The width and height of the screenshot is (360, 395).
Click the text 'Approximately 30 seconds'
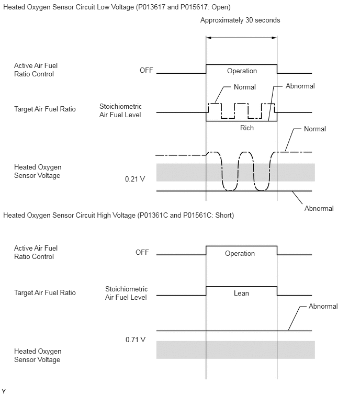point(240,20)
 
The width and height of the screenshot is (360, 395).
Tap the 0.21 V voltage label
point(135,179)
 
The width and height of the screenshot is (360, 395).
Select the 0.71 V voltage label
point(136,340)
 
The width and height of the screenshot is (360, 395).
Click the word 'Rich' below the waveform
point(247,128)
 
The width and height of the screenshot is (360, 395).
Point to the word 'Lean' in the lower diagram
point(241,293)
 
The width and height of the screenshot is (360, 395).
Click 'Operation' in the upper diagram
point(242,71)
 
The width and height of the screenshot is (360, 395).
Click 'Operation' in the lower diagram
point(240,253)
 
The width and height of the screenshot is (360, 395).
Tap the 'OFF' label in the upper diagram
point(147,70)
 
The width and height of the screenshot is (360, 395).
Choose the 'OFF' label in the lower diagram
point(142,252)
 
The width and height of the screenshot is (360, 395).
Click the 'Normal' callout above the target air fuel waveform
point(244,87)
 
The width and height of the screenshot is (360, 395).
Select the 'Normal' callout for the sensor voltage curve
point(315,129)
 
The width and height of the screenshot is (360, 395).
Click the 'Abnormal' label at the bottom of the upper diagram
point(319,209)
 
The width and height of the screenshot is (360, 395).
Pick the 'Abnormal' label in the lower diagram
point(323,307)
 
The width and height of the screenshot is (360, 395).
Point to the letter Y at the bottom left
point(4,391)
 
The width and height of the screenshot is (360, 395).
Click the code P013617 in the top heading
point(151,7)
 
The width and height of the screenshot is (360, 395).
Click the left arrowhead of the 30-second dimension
point(208,38)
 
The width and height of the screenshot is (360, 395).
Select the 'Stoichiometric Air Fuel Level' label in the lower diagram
point(126,293)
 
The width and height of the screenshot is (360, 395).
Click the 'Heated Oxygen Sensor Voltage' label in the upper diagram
point(38,171)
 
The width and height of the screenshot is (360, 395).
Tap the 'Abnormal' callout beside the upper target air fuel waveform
point(300,86)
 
